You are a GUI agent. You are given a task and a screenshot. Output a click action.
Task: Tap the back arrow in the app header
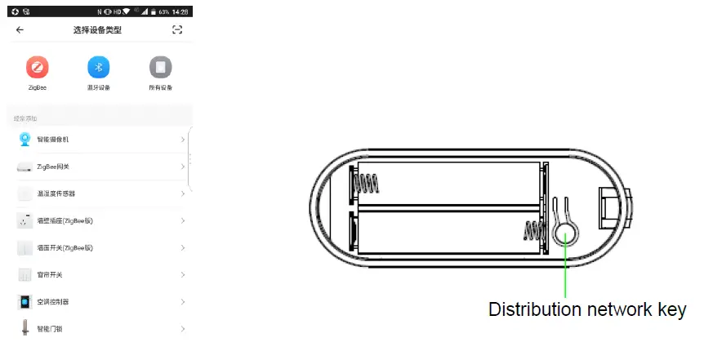pos(20,30)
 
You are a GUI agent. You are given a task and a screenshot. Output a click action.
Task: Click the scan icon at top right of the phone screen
pos(177,30)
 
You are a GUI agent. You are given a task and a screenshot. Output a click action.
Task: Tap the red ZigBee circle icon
pos(37,67)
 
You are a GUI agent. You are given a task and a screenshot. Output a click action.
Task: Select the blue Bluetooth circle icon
pos(99,67)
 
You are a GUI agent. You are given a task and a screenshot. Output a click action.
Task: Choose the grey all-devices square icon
pos(160,67)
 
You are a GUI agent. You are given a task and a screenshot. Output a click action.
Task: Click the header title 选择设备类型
pos(99,30)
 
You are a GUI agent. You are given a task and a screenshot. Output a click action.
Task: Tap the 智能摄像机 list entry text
pos(53,140)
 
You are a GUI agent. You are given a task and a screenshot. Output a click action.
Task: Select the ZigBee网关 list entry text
pos(53,167)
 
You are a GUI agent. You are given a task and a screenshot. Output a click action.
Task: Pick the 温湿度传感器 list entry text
pos(56,193)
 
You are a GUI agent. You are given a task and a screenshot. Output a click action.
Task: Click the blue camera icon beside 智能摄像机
pos(25,139)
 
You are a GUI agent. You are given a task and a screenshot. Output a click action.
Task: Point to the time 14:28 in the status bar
pos(180,11)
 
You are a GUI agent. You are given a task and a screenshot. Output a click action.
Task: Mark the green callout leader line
pos(565,273)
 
